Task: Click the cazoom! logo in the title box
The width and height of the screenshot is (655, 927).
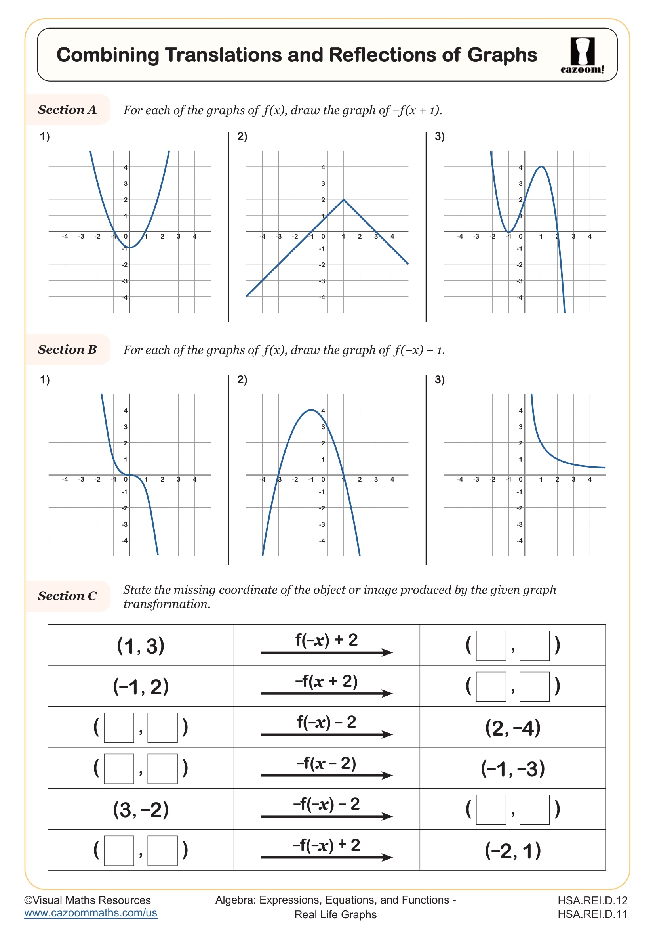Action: coord(582,55)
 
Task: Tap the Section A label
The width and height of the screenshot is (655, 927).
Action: coord(67,109)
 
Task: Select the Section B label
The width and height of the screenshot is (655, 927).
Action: coord(67,349)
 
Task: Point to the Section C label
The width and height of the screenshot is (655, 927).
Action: coord(67,596)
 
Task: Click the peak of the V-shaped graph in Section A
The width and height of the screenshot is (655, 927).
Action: coord(343,199)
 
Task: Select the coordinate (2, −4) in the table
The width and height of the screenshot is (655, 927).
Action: coord(512,728)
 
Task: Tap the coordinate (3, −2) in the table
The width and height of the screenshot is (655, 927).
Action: coord(140,810)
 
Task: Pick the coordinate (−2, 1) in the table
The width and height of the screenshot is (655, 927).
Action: coord(512,851)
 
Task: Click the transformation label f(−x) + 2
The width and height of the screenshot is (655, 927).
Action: coord(326,640)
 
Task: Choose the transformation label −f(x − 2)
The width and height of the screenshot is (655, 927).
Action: coord(326,763)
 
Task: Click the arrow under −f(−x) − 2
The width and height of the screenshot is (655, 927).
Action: coord(326,816)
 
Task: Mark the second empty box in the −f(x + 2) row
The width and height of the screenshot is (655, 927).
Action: coord(534,687)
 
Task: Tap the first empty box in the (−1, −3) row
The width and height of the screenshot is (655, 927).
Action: coord(119,769)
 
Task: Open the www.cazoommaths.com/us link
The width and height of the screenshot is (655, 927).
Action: coord(91,913)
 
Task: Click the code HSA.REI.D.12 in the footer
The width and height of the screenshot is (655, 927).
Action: coord(592,901)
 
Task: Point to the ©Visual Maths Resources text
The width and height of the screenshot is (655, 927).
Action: coord(88,900)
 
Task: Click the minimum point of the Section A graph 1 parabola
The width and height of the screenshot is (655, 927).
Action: coord(130,247)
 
